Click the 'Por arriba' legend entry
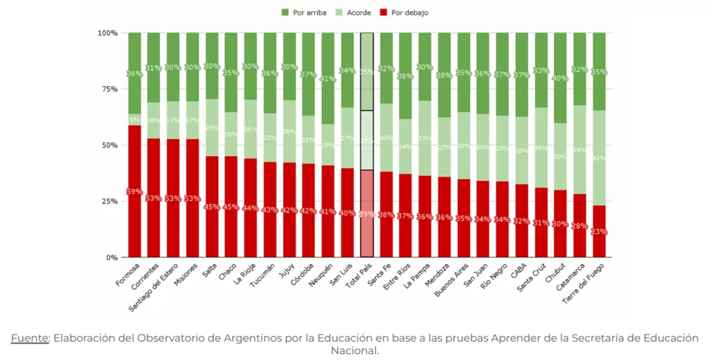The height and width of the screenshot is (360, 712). pyautogui.click(x=304, y=13)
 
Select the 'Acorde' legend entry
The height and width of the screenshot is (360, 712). pyautogui.click(x=354, y=13)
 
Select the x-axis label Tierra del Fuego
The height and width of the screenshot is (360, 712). pyautogui.click(x=585, y=284)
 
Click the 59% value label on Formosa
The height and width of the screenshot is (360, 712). pyautogui.click(x=135, y=192)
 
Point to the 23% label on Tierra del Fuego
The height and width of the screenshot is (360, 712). pyautogui.click(x=600, y=231)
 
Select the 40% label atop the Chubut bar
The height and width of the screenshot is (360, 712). pyautogui.click(x=560, y=78)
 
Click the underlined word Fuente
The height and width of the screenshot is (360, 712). pyautogui.click(x=30, y=338)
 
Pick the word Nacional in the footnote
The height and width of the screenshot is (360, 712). pyautogui.click(x=355, y=350)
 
